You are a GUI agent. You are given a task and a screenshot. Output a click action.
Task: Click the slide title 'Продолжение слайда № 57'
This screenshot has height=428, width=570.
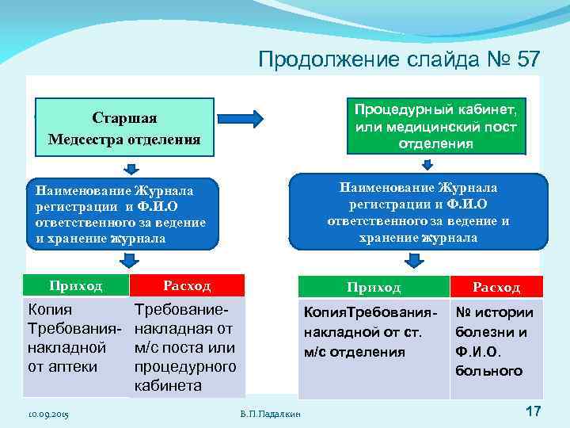(x=399, y=59)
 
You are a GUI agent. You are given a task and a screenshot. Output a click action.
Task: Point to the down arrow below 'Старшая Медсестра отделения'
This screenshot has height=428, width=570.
(x=132, y=168)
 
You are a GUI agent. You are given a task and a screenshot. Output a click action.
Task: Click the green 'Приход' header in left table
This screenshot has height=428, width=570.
(x=76, y=285)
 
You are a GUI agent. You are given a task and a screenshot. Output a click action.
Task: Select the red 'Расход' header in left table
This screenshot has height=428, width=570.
(x=187, y=285)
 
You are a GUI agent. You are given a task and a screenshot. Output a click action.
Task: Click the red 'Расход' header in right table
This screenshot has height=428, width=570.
(x=496, y=287)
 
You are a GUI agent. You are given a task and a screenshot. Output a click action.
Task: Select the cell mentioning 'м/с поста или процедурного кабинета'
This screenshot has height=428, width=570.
(x=187, y=346)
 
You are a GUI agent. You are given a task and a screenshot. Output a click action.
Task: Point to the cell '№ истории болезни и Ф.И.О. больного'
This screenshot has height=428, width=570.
(x=496, y=341)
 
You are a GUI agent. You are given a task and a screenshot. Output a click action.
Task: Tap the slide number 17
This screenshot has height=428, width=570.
(x=532, y=411)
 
